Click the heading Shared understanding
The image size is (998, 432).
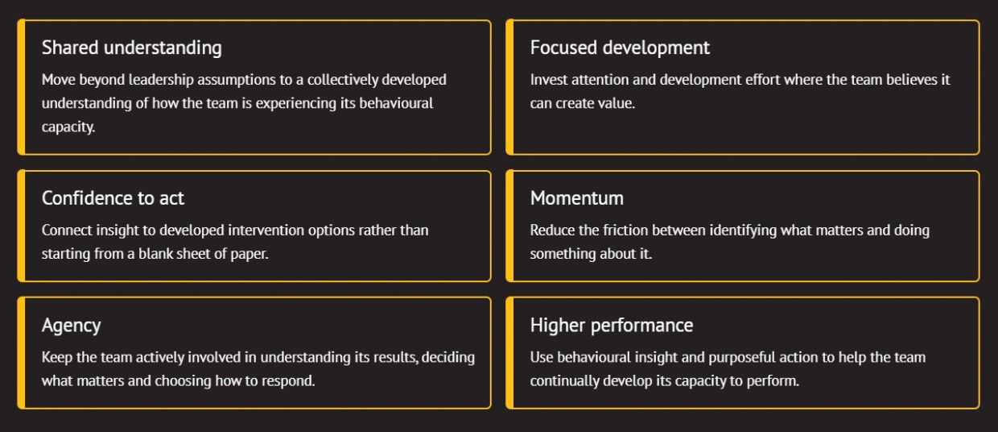(131, 48)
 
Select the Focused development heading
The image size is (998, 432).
(620, 48)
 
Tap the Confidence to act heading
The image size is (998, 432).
(113, 198)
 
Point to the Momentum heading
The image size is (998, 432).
(577, 198)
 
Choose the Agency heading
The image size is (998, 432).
(72, 326)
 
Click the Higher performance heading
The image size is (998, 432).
(612, 326)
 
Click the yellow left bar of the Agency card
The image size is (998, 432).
(21, 352)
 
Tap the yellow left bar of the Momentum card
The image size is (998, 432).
(509, 226)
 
